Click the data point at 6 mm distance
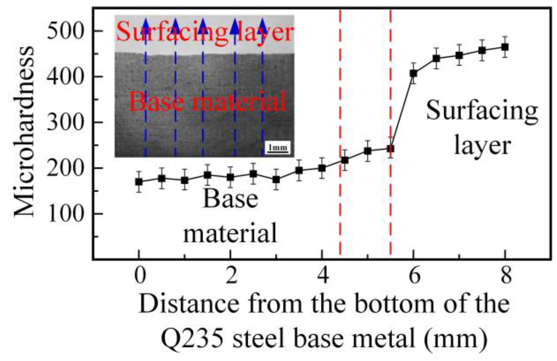(x=413, y=73)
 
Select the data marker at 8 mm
(x=505, y=47)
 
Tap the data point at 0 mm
(x=139, y=182)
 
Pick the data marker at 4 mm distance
(x=322, y=168)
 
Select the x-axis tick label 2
(x=231, y=276)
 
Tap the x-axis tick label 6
(x=414, y=276)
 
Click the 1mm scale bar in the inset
(x=278, y=148)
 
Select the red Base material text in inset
(x=207, y=101)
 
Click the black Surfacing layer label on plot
(x=482, y=128)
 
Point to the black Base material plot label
(x=230, y=216)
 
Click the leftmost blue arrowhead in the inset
(x=145, y=25)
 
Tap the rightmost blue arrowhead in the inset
(x=263, y=25)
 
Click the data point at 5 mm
(x=368, y=151)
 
